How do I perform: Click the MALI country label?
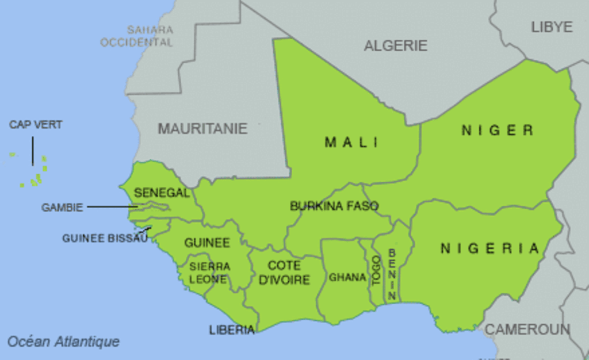tap(351, 142)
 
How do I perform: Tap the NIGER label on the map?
tap(498, 131)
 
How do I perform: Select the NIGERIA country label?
tap(490, 248)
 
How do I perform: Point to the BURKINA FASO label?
tap(334, 206)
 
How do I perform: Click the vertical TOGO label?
tap(377, 271)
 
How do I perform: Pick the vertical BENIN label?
tap(392, 274)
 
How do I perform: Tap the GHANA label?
tap(347, 277)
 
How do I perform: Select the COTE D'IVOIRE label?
tap(284, 273)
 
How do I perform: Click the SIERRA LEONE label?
tap(209, 273)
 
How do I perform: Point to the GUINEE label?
tap(206, 243)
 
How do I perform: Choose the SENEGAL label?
tap(162, 193)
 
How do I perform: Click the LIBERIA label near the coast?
tap(232, 330)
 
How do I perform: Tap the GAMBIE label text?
tap(62, 208)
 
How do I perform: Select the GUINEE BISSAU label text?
tap(105, 238)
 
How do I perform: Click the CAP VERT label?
tap(36, 125)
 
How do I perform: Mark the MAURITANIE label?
tap(202, 128)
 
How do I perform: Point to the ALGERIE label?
tap(396, 45)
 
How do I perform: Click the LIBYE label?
tap(552, 27)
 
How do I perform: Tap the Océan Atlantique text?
tap(63, 342)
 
